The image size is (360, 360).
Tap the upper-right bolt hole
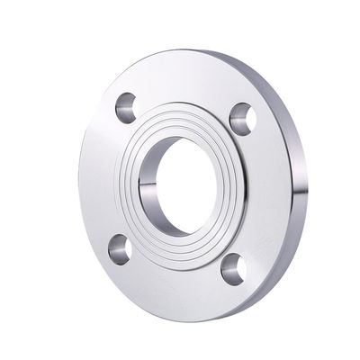241,115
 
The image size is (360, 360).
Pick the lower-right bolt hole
232,267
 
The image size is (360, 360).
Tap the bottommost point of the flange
189,319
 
